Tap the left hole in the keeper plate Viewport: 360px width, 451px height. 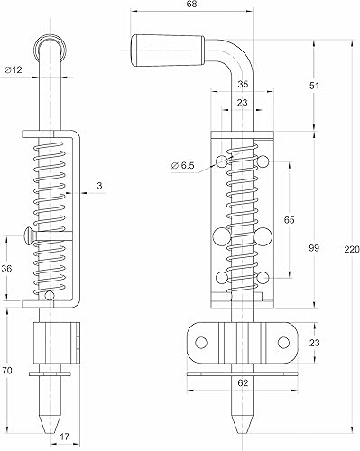202,340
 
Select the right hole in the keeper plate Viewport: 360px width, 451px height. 283,340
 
